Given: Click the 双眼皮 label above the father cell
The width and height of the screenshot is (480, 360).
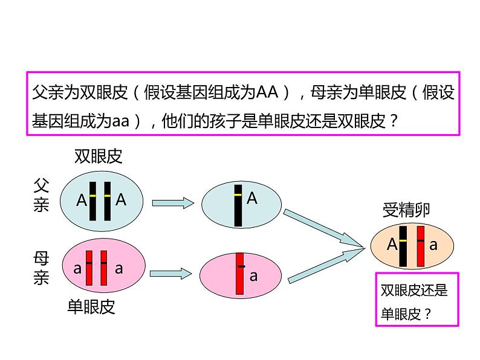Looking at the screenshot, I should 98,157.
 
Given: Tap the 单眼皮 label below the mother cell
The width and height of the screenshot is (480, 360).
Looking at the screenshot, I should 91,307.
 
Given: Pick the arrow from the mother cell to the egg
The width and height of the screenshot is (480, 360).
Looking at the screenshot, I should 171,274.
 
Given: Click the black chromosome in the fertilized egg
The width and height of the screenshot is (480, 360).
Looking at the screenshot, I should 403,245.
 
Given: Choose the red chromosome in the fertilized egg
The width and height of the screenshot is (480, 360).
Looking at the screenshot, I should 420,245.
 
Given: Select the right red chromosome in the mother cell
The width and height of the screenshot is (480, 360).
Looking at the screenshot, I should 104,268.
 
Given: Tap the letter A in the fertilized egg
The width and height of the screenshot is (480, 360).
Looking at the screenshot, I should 392,245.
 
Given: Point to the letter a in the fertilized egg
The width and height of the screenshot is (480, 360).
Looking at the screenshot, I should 433,245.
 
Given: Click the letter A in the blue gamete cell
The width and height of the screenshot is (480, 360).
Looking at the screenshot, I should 252,198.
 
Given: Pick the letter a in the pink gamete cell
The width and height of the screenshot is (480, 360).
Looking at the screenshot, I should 253,277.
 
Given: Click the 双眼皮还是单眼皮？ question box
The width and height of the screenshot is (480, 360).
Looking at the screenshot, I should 417,300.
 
